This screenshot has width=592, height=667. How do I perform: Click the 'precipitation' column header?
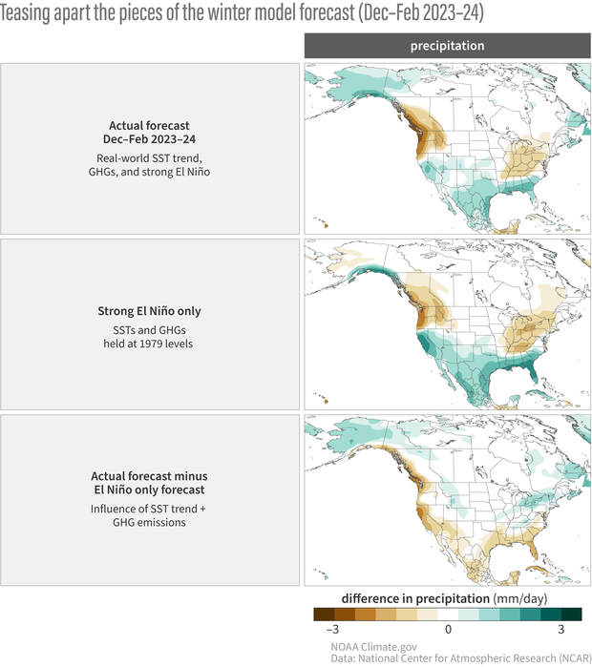coord(447,46)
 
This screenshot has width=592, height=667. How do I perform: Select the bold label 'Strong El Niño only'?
coord(151,311)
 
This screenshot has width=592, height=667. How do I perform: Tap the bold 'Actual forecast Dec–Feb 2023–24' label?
coord(151,133)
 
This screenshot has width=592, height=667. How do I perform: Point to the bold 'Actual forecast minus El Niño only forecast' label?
coord(150,483)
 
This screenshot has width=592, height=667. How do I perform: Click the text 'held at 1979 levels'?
coord(151,344)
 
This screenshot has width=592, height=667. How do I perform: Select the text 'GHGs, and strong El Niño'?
coord(151,172)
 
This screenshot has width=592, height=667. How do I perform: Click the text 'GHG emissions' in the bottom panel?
coord(151,523)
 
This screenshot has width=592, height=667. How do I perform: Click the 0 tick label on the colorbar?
coord(448,630)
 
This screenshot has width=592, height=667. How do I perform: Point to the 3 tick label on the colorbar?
coord(562,630)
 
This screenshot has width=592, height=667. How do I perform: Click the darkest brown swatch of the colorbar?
coord(325,615)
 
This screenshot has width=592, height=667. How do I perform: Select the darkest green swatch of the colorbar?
coord(571,615)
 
